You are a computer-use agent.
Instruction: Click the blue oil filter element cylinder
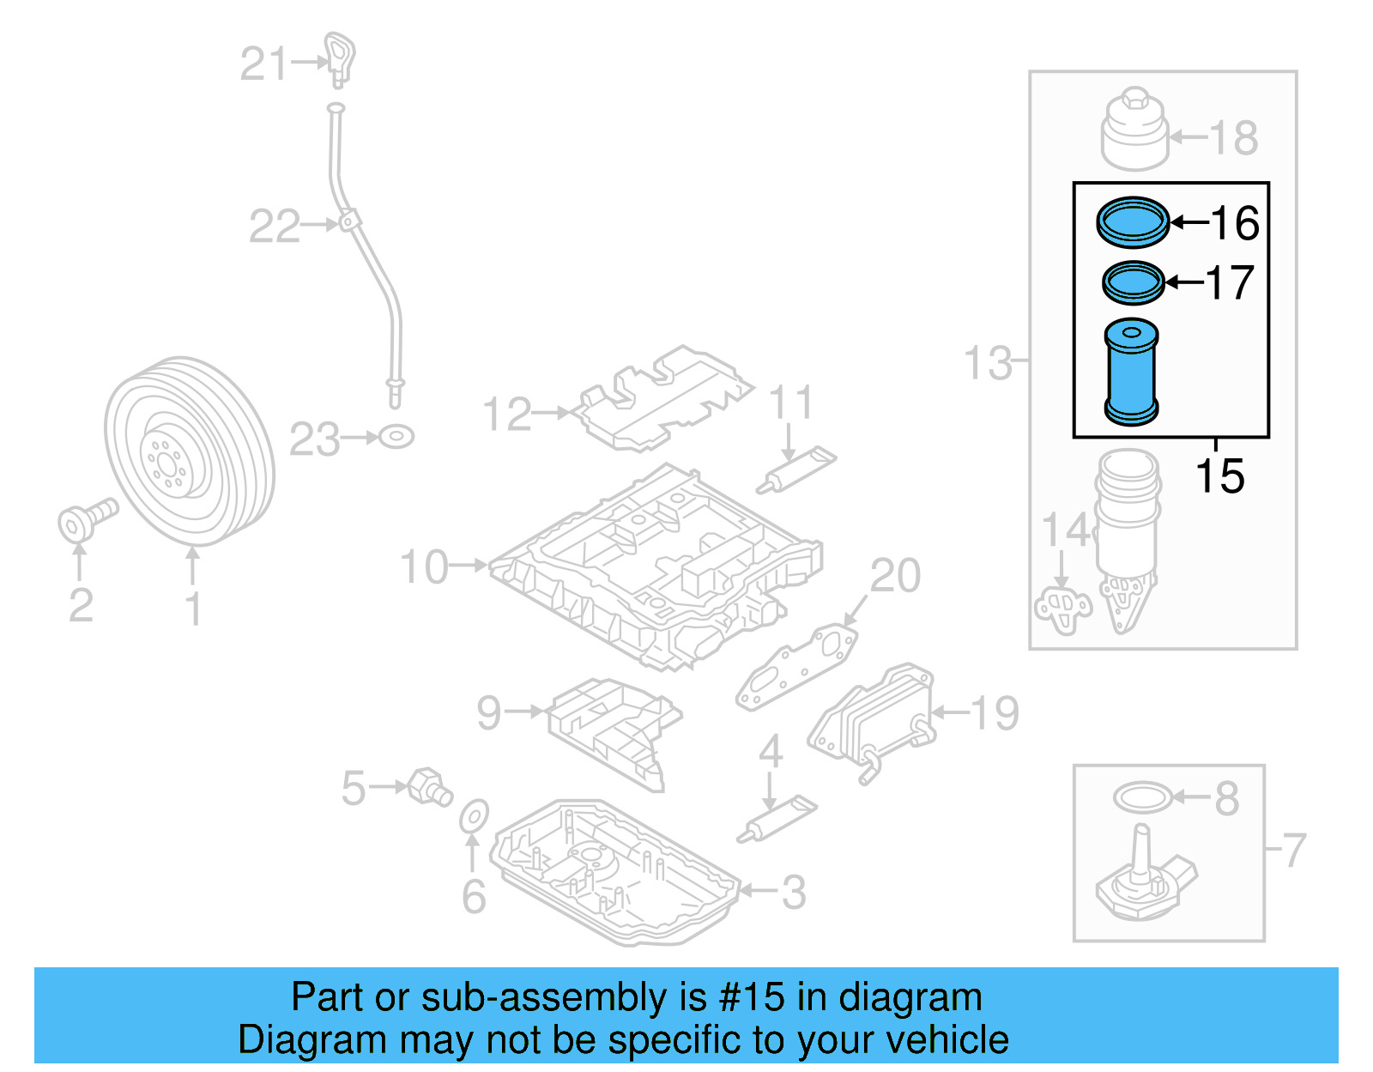pyautogui.click(x=1131, y=375)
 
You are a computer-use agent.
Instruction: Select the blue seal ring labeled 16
pyautogui.click(x=1133, y=221)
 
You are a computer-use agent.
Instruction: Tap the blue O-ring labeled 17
pyautogui.click(x=1133, y=282)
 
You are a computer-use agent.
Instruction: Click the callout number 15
pyautogui.click(x=1219, y=476)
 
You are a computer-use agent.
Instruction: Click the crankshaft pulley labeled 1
pyautogui.click(x=191, y=451)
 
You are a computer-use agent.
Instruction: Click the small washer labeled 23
pyautogui.click(x=396, y=437)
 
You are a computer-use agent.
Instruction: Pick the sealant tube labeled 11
pyautogui.click(x=796, y=469)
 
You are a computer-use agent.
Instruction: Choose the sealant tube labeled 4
pyautogui.click(x=777, y=819)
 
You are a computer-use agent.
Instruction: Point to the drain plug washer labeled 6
pyautogui.click(x=474, y=817)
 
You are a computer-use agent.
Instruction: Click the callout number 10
pyautogui.click(x=424, y=567)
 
